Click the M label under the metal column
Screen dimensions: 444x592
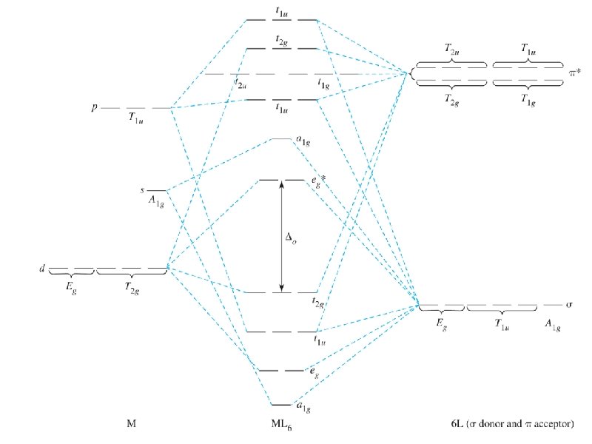click(x=131, y=424)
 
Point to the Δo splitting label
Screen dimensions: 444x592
click(x=293, y=238)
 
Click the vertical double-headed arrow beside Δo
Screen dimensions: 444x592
click(x=281, y=236)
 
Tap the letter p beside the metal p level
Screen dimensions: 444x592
click(x=94, y=107)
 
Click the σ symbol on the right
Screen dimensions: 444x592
click(x=570, y=304)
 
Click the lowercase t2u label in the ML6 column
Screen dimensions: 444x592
click(x=240, y=84)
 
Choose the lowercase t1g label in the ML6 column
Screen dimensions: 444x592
click(x=323, y=84)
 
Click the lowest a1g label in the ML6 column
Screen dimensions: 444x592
click(x=302, y=406)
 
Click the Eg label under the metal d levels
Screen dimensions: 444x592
click(x=72, y=284)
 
